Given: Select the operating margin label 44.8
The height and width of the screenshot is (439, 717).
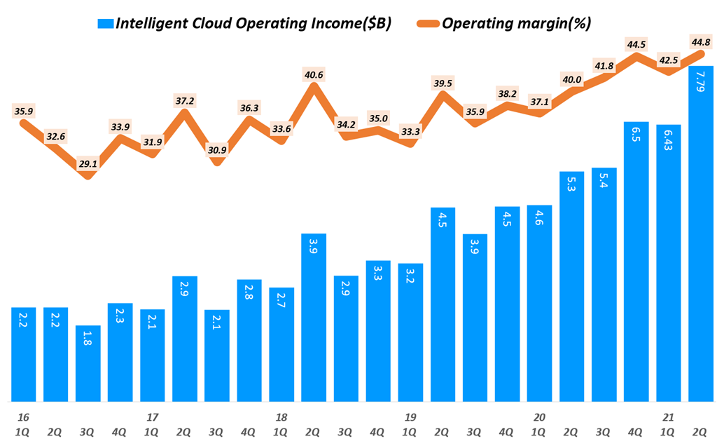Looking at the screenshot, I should (701, 41).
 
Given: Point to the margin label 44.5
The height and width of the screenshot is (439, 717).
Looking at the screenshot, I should (636, 45).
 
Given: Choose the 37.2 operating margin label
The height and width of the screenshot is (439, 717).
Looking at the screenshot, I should (185, 101).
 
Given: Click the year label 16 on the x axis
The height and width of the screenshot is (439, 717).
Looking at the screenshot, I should (23, 417).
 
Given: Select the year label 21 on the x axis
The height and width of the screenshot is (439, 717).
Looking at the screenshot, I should (668, 417).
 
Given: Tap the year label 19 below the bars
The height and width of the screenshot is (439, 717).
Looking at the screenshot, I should (410, 417).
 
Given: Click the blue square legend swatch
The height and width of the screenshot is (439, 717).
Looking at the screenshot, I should (106, 23).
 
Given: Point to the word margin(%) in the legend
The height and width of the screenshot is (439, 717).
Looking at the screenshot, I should (550, 23).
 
